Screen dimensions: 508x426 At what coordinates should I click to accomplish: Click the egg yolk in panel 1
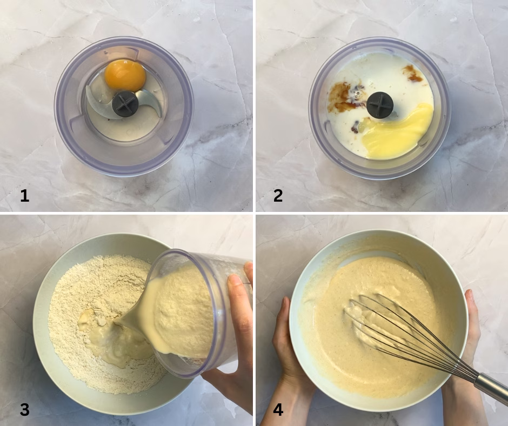coord(125,76)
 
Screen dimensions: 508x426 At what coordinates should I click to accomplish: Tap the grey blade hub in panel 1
coord(125,104)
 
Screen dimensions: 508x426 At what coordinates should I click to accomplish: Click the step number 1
coord(25,196)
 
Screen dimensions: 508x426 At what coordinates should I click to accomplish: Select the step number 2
coord(278,196)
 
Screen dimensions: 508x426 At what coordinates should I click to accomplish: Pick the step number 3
coord(25,409)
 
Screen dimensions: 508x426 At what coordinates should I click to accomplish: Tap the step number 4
coord(278,409)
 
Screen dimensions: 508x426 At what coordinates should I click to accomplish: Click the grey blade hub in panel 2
coord(380,105)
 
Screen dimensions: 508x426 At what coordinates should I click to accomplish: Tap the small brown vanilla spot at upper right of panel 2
coord(413,74)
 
